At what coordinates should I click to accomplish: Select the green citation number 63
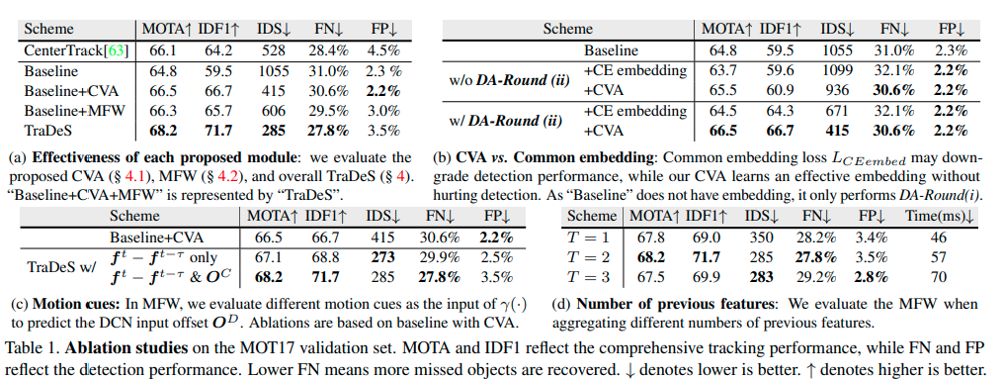click(x=120, y=50)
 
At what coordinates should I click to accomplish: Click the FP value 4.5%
click(x=385, y=50)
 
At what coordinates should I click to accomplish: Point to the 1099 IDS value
click(x=837, y=70)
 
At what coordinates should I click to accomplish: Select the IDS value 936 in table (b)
click(x=837, y=91)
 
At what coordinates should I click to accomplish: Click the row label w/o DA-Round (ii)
click(x=510, y=81)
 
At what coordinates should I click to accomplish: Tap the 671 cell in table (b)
click(x=837, y=111)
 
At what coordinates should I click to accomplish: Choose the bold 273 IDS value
click(x=381, y=257)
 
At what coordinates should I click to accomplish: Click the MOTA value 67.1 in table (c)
click(x=267, y=257)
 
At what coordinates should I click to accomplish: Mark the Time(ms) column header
click(x=939, y=216)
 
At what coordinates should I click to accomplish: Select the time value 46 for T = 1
click(x=939, y=237)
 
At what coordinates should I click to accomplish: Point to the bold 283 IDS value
click(x=761, y=277)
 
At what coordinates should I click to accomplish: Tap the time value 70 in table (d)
click(x=939, y=277)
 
